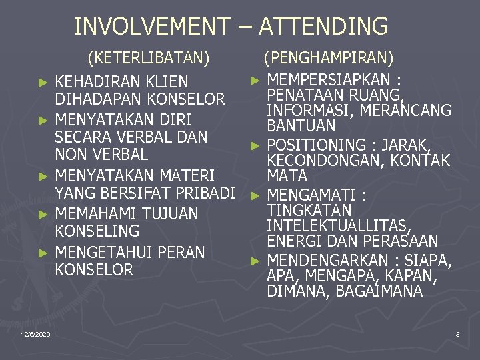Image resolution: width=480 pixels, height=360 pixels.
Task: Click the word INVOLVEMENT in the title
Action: pyautogui.click(x=151, y=27)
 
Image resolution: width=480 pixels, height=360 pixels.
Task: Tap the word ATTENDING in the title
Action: pyautogui.click(x=323, y=27)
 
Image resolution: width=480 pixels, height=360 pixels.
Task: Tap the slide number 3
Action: pyautogui.click(x=457, y=333)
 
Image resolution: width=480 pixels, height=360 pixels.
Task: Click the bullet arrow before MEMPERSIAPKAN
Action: pyautogui.click(x=254, y=80)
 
